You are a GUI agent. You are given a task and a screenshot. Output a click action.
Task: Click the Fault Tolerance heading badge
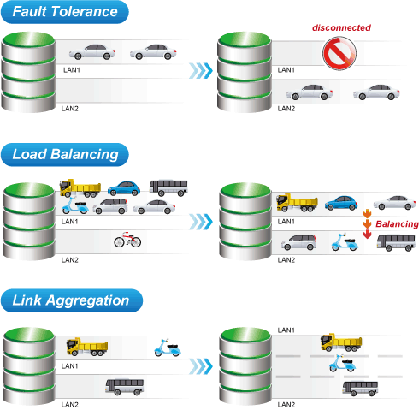click(x=65, y=12)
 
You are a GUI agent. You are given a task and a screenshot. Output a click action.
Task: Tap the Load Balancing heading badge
click(x=65, y=155)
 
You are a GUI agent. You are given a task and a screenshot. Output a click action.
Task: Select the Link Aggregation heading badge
click(x=72, y=300)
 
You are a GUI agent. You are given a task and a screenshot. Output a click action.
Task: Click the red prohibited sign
click(x=339, y=53)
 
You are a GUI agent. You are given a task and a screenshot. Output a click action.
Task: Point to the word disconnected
click(x=341, y=27)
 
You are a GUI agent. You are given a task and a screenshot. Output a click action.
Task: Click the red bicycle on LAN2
click(x=127, y=240)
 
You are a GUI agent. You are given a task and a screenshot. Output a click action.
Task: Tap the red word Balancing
click(x=397, y=224)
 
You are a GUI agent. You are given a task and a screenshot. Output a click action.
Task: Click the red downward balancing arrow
click(x=368, y=235)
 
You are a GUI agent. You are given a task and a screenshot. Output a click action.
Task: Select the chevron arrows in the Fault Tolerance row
click(x=201, y=70)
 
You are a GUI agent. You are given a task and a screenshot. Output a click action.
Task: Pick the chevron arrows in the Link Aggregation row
click(x=201, y=366)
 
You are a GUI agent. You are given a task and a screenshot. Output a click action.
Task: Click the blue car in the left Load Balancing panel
click(x=124, y=188)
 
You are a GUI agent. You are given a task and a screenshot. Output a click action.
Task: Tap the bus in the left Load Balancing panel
click(x=168, y=187)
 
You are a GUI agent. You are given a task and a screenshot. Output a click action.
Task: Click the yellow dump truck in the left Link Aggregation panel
click(x=87, y=347)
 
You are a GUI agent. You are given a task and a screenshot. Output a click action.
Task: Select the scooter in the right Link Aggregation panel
click(x=342, y=363)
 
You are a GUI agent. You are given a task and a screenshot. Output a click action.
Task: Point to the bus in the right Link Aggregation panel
click(x=360, y=389)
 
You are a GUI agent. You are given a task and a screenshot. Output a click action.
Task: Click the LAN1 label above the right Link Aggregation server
click(x=286, y=330)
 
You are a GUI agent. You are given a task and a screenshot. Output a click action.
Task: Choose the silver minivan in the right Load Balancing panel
click(x=299, y=242)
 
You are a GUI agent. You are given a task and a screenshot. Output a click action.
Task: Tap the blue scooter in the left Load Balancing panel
click(x=75, y=205)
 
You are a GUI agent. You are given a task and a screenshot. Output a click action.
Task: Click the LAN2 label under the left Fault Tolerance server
click(x=70, y=109)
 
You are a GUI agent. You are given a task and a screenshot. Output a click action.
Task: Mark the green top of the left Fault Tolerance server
click(x=28, y=39)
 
